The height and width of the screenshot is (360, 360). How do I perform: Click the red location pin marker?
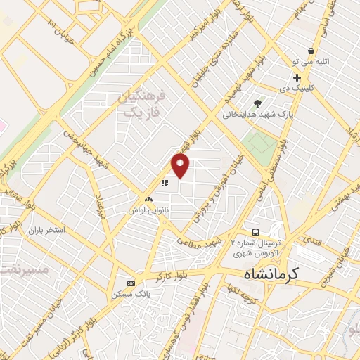click(181, 166)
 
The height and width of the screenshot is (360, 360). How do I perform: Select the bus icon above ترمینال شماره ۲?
click(256, 233)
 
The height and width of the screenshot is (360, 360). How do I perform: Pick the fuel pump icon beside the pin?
click(164, 184)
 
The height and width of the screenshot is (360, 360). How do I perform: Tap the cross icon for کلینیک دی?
click(297, 77)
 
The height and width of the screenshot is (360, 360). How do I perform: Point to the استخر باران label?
click(46, 230)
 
